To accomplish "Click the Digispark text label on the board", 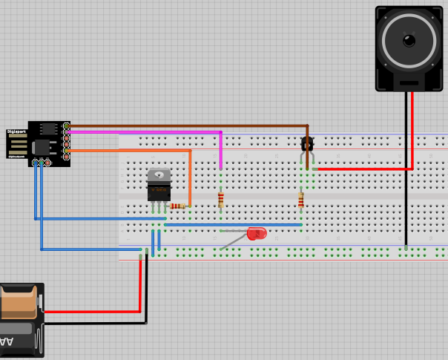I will (16, 131).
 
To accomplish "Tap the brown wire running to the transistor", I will (185, 125).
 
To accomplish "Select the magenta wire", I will (148, 132).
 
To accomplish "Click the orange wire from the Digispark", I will (134, 151).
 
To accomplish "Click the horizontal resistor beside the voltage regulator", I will (178, 206).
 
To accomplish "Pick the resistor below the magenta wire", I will (220, 199).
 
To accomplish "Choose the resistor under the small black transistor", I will (300, 200).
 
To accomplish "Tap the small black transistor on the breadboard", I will (306, 144).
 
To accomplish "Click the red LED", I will (257, 233).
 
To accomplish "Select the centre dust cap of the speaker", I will (409, 39).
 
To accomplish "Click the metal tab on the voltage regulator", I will (159, 175).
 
